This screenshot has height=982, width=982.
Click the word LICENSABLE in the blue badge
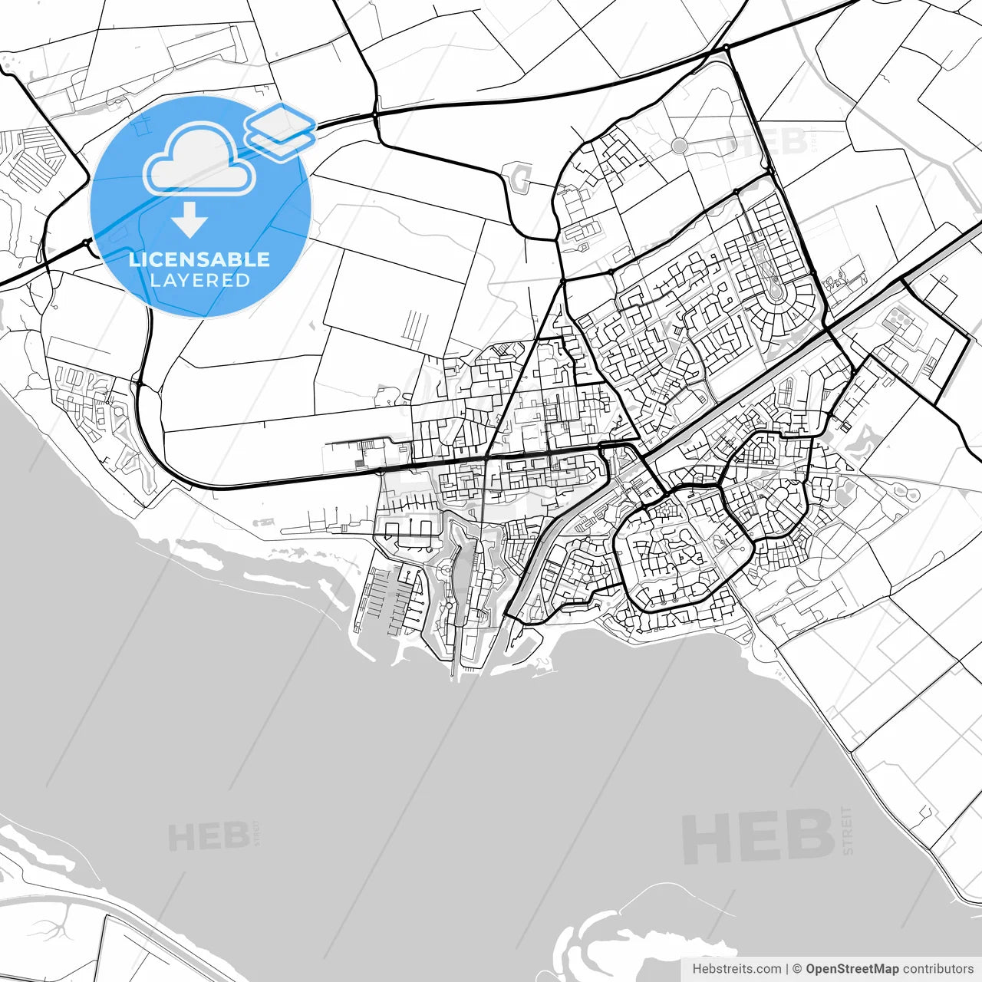[199, 259]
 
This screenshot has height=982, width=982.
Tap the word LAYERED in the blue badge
[199, 281]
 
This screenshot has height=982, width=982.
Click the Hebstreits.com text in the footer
[736, 969]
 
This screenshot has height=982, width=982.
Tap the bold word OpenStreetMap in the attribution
[852, 969]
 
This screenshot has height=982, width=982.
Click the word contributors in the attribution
[938, 969]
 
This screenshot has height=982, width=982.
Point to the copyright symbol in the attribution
[797, 969]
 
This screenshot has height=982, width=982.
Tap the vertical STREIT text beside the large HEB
[847, 830]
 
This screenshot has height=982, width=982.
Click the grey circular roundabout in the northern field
[679, 145]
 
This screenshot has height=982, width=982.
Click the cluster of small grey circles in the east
[898, 316]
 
